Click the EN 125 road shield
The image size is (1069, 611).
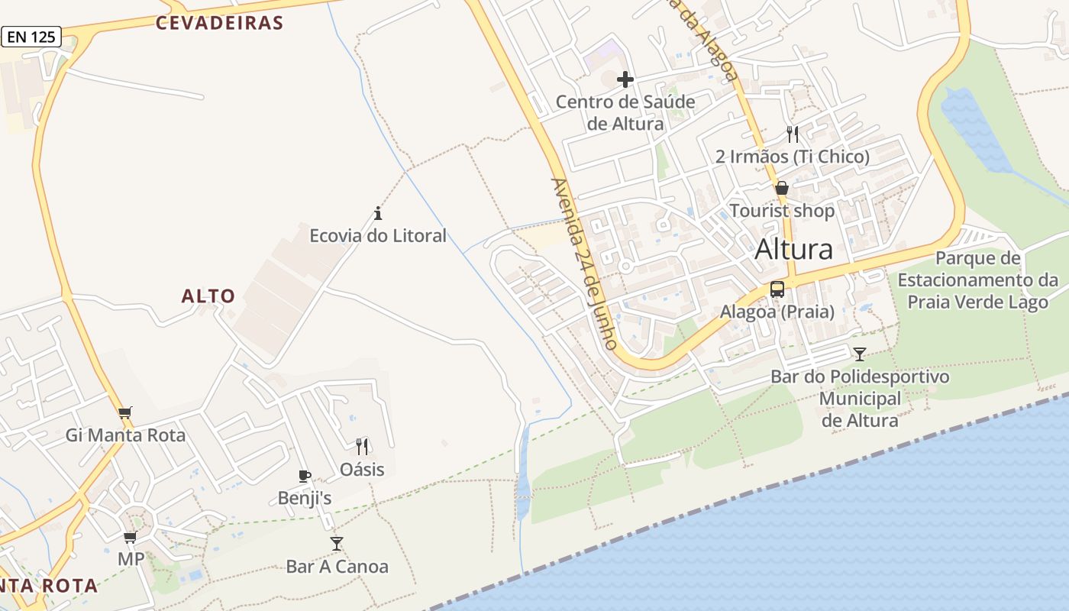[x=31, y=36]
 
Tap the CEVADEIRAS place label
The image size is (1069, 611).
[x=219, y=23]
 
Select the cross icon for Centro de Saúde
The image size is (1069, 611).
[x=625, y=79]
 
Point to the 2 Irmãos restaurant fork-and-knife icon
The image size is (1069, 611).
[x=793, y=134]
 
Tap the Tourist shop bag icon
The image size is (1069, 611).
[x=782, y=188]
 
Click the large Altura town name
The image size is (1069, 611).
[x=793, y=249]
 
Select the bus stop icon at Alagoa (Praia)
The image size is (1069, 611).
[x=777, y=289]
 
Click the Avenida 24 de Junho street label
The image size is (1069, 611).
[x=584, y=263]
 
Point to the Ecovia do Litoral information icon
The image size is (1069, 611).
[x=377, y=213]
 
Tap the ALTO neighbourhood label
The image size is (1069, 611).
[x=208, y=296]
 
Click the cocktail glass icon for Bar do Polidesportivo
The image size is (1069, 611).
[x=860, y=354]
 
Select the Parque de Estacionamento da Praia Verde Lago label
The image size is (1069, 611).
[x=977, y=280]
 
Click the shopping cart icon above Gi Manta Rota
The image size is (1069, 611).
[x=125, y=413]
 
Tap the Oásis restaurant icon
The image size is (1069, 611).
[x=362, y=447]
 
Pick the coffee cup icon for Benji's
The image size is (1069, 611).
[x=305, y=477]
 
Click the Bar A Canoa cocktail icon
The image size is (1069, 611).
[x=337, y=544]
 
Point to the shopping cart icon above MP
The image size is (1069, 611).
[x=131, y=537]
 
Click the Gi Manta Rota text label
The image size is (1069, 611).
[x=125, y=435]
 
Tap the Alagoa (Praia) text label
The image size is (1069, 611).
[x=777, y=312]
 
